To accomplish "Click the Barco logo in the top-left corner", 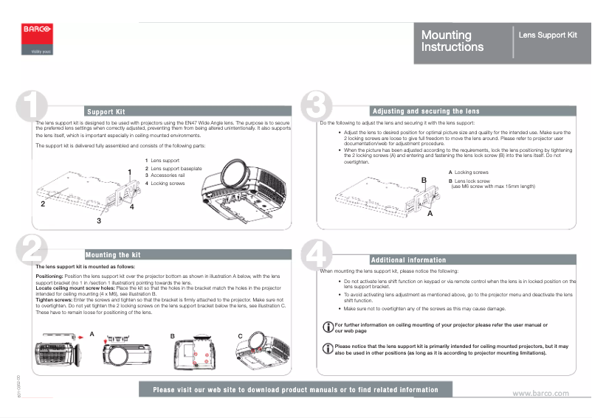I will [x=37, y=30].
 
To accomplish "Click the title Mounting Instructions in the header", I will [x=452, y=41].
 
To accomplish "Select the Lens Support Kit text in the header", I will [x=547, y=35].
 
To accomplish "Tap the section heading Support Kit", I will [x=106, y=111].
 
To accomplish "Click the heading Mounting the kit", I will [x=112, y=254].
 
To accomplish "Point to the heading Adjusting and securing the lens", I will [x=425, y=111].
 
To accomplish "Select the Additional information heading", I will [x=408, y=259].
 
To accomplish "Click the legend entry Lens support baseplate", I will [x=176, y=168].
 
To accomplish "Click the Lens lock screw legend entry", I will [x=472, y=181].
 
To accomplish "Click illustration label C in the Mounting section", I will [x=240, y=336].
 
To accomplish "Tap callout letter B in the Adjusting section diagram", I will [x=424, y=180].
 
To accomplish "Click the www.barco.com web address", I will [x=540, y=393].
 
